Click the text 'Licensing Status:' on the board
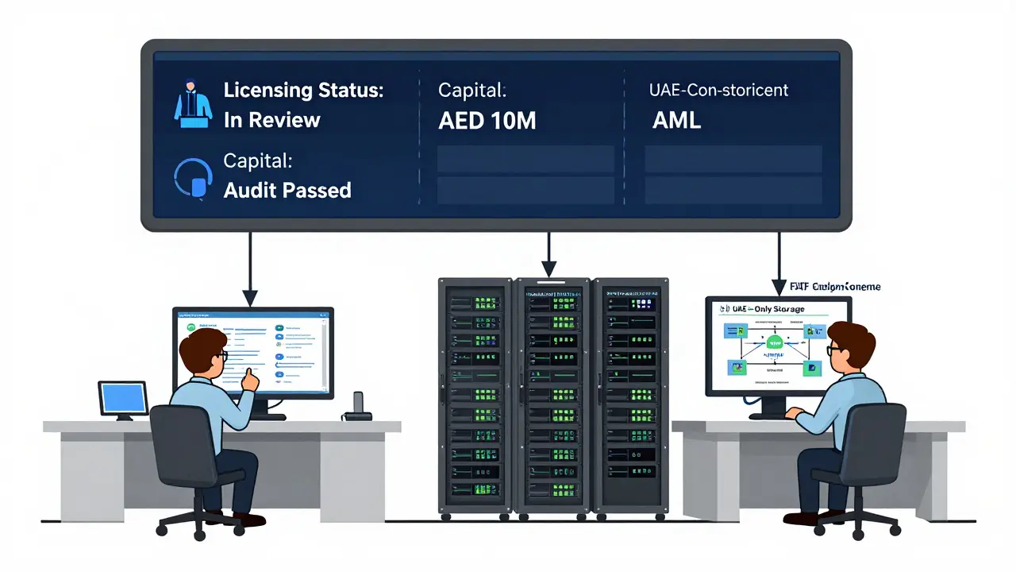click(303, 90)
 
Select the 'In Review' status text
click(271, 120)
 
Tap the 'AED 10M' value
click(487, 121)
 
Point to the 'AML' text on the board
click(676, 121)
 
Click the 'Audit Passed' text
click(287, 190)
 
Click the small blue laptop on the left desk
click(123, 399)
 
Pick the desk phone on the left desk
click(356, 406)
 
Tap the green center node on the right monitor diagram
click(775, 342)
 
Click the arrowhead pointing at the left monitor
click(250, 299)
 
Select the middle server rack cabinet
click(552, 395)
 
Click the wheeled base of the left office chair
click(193, 524)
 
